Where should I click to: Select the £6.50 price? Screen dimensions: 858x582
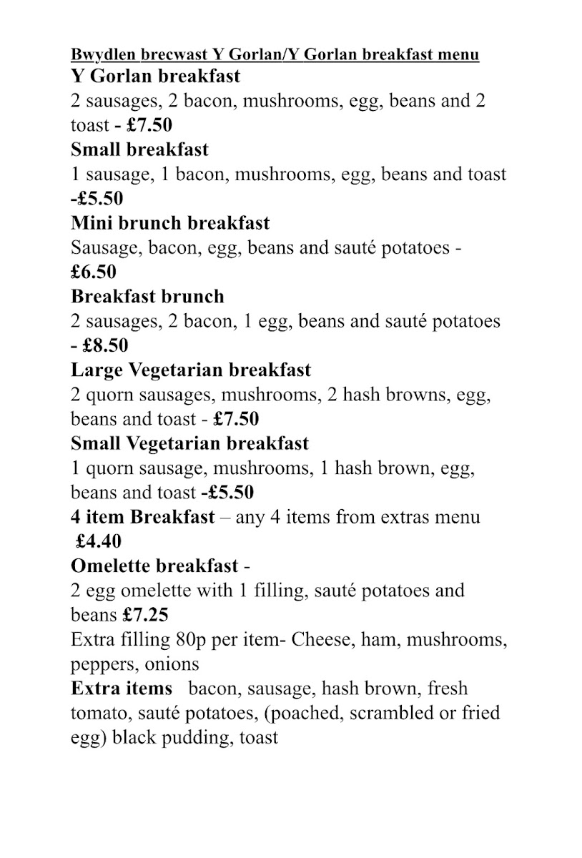[94, 272]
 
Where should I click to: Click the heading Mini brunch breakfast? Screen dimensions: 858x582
[170, 223]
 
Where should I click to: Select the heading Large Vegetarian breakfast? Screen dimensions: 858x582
[191, 370]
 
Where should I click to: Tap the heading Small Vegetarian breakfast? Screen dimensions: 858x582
[189, 443]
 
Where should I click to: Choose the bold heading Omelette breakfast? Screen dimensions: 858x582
[154, 566]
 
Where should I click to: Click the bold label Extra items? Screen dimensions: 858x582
[122, 689]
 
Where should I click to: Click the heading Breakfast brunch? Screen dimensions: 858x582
[147, 296]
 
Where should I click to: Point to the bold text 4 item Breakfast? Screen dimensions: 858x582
[142, 516]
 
